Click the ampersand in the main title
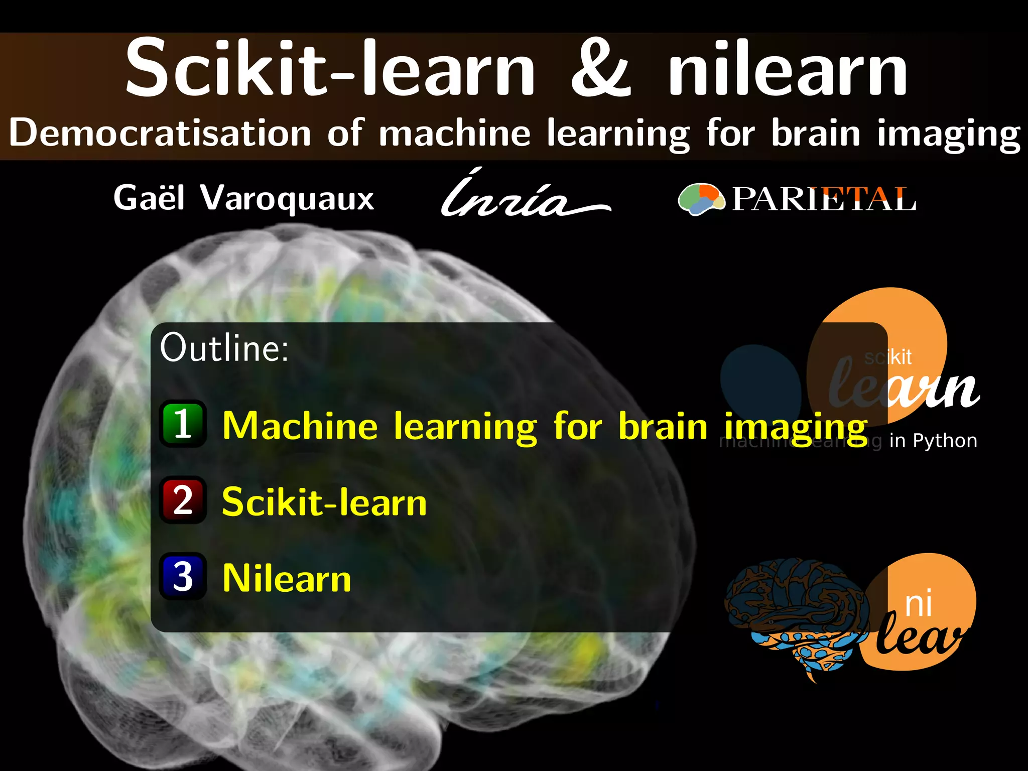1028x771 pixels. pos(601,68)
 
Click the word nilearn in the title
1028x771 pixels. pos(787,68)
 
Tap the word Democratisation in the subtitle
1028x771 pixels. pos(160,133)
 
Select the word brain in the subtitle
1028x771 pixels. pos(816,133)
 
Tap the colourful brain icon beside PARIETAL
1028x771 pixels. pos(701,199)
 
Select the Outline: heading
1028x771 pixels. pos(224,347)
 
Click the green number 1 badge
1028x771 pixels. pos(183,424)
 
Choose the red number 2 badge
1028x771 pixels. pos(183,500)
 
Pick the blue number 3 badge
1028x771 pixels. pos(183,576)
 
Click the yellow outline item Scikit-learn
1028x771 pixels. pos(324,502)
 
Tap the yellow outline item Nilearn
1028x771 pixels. pos(287,578)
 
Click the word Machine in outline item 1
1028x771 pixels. pos(300,426)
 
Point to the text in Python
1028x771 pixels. pos(933,441)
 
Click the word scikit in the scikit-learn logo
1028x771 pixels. pos(888,357)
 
